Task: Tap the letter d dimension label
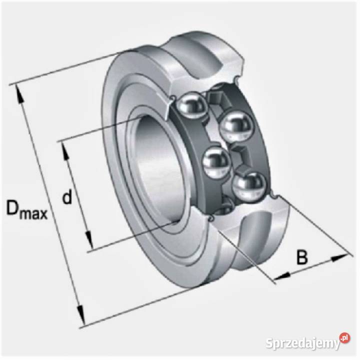pos(67,196)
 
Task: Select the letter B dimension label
pos(302,257)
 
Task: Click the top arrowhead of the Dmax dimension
pos(19,93)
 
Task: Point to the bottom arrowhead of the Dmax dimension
pos(80,315)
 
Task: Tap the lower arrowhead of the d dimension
pos(89,240)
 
